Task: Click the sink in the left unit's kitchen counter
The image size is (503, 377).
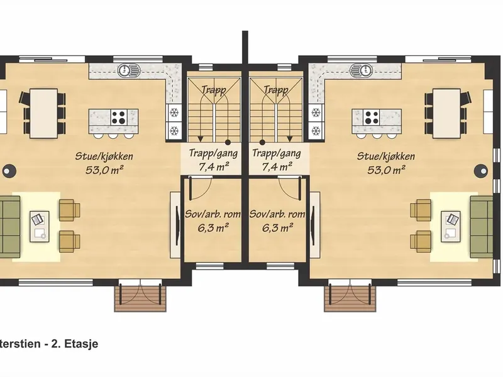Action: click(x=129, y=70)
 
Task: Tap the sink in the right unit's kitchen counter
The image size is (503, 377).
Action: click(x=361, y=70)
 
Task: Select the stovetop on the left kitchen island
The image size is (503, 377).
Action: click(x=119, y=117)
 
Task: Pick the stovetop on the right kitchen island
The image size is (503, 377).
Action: click(x=372, y=117)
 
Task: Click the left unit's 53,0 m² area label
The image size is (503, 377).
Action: click(x=104, y=170)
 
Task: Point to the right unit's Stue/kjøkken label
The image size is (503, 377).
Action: click(x=386, y=156)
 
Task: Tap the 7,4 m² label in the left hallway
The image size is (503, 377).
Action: click(x=214, y=167)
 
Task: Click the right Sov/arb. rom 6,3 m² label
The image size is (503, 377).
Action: click(x=277, y=221)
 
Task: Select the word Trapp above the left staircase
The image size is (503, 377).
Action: click(x=214, y=90)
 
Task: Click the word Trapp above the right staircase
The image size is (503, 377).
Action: click(x=275, y=90)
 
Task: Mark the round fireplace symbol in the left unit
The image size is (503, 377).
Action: click(x=9, y=170)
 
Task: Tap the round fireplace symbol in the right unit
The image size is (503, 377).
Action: click(x=481, y=170)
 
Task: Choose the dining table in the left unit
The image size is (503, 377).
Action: click(x=43, y=114)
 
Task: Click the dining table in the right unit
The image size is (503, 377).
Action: click(x=446, y=114)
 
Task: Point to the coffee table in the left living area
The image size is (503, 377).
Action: click(x=40, y=226)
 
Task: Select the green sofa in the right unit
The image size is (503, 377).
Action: click(x=482, y=227)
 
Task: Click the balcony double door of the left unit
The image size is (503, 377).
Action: click(x=140, y=292)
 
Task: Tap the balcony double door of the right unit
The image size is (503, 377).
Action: click(x=350, y=292)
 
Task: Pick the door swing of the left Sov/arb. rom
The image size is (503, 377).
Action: click(x=201, y=187)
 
